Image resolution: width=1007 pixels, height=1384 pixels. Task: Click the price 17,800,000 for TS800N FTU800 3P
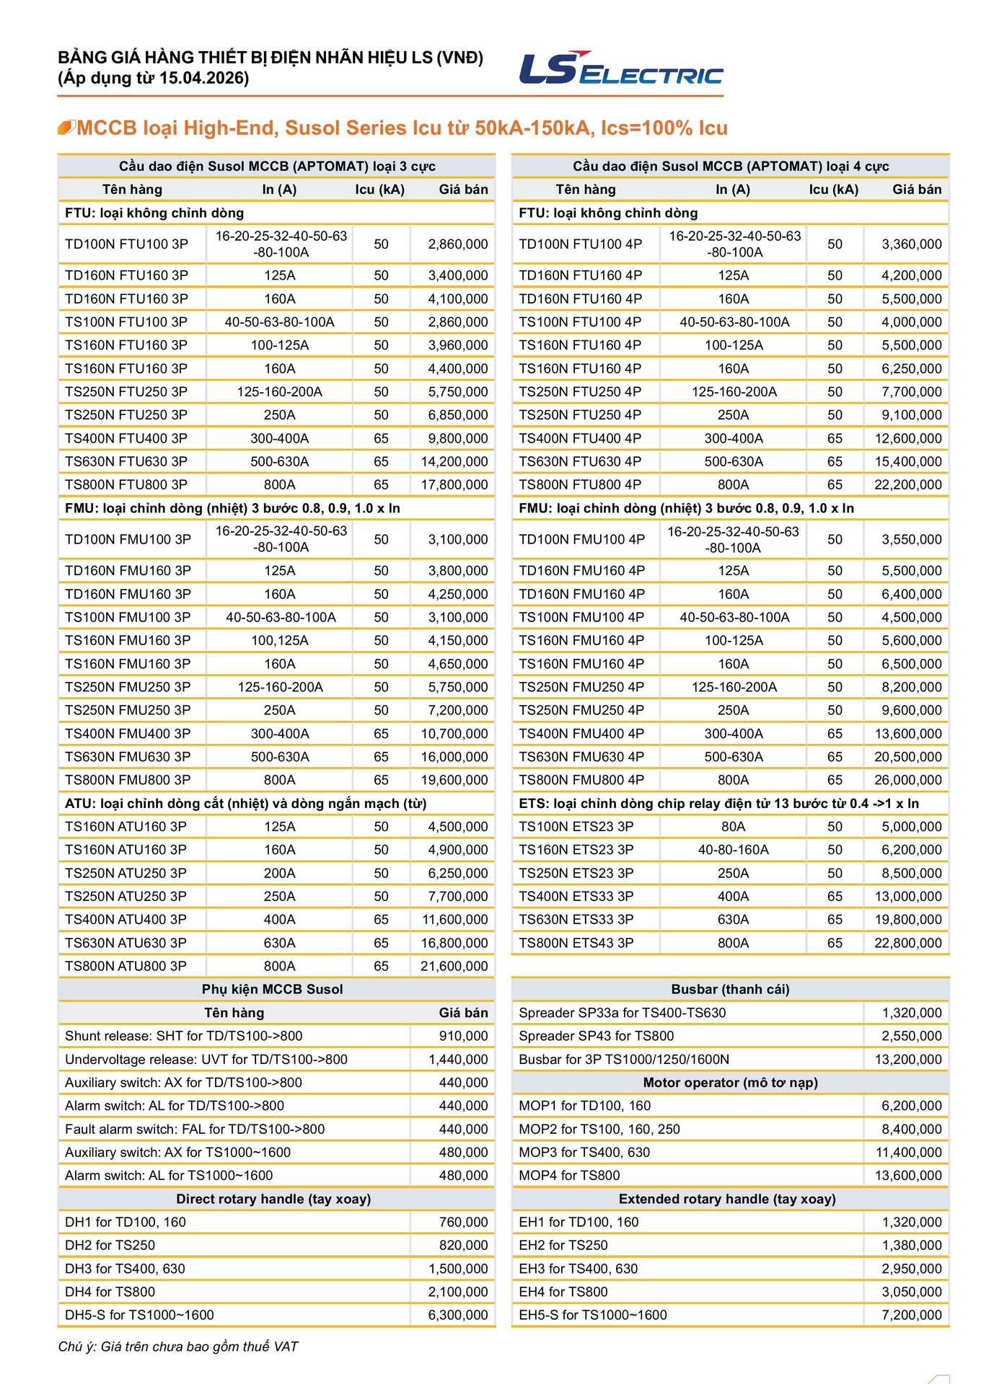coord(454,485)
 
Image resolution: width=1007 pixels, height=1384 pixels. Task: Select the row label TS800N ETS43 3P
coord(576,943)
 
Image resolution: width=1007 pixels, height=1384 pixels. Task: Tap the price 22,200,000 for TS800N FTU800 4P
coord(907,485)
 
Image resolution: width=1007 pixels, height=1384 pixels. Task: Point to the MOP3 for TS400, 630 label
coord(584,1153)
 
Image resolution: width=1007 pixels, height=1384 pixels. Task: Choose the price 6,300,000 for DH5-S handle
coord(458,1315)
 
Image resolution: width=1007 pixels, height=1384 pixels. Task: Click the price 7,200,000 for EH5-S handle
coord(912,1315)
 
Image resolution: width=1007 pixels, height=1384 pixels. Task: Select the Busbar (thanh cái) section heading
coord(730,990)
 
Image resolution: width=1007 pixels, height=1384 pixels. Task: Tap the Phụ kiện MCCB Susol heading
coord(272,990)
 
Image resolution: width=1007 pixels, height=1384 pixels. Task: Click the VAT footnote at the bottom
coord(178,1347)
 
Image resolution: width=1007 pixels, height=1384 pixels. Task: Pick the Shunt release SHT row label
coord(183,1036)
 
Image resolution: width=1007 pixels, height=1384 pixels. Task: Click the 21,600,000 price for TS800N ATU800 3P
coord(454,966)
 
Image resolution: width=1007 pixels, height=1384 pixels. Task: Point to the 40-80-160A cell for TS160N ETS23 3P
coord(733,850)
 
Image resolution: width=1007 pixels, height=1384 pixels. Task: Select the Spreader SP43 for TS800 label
coord(596,1036)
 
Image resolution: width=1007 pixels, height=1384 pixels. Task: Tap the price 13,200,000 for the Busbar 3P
coord(908,1060)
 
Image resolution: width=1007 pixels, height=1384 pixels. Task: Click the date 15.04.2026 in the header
coord(203,78)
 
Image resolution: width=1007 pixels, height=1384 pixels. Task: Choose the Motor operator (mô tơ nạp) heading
coord(730,1083)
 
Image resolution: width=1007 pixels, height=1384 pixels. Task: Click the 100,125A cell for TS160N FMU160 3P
coord(279,641)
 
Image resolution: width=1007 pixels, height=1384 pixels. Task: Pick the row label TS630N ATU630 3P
coord(126,943)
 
